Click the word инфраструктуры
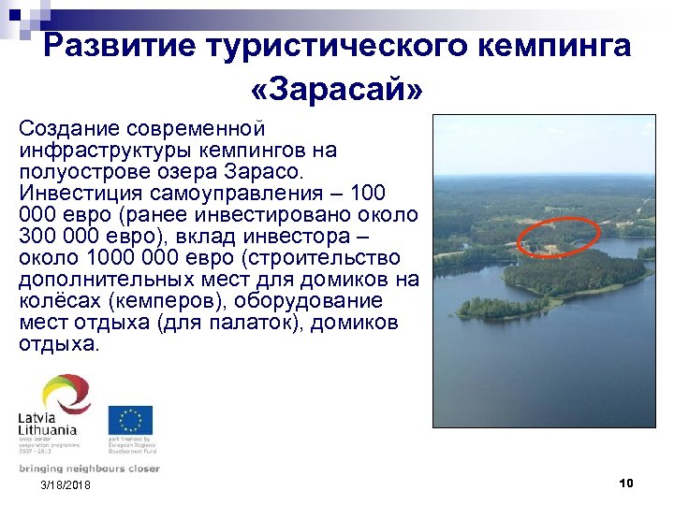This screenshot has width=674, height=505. (101, 150)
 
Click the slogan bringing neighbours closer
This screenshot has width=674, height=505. (89, 469)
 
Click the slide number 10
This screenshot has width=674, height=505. (626, 483)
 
